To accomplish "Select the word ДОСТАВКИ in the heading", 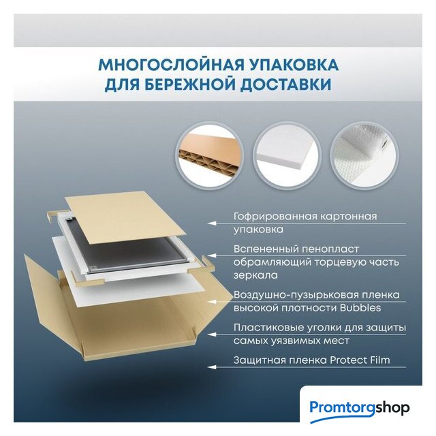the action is point(285,84).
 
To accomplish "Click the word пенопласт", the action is point(330,249).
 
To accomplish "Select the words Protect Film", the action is point(360,360).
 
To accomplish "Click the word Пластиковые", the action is point(268,328).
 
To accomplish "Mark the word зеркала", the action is point(255,275).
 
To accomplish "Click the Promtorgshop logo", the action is point(360,409).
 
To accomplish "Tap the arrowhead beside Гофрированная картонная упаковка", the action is point(212,223).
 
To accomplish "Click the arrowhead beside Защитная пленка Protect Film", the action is point(212,367).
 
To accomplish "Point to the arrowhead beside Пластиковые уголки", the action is point(212,334).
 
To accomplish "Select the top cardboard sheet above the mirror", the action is point(125,217).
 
